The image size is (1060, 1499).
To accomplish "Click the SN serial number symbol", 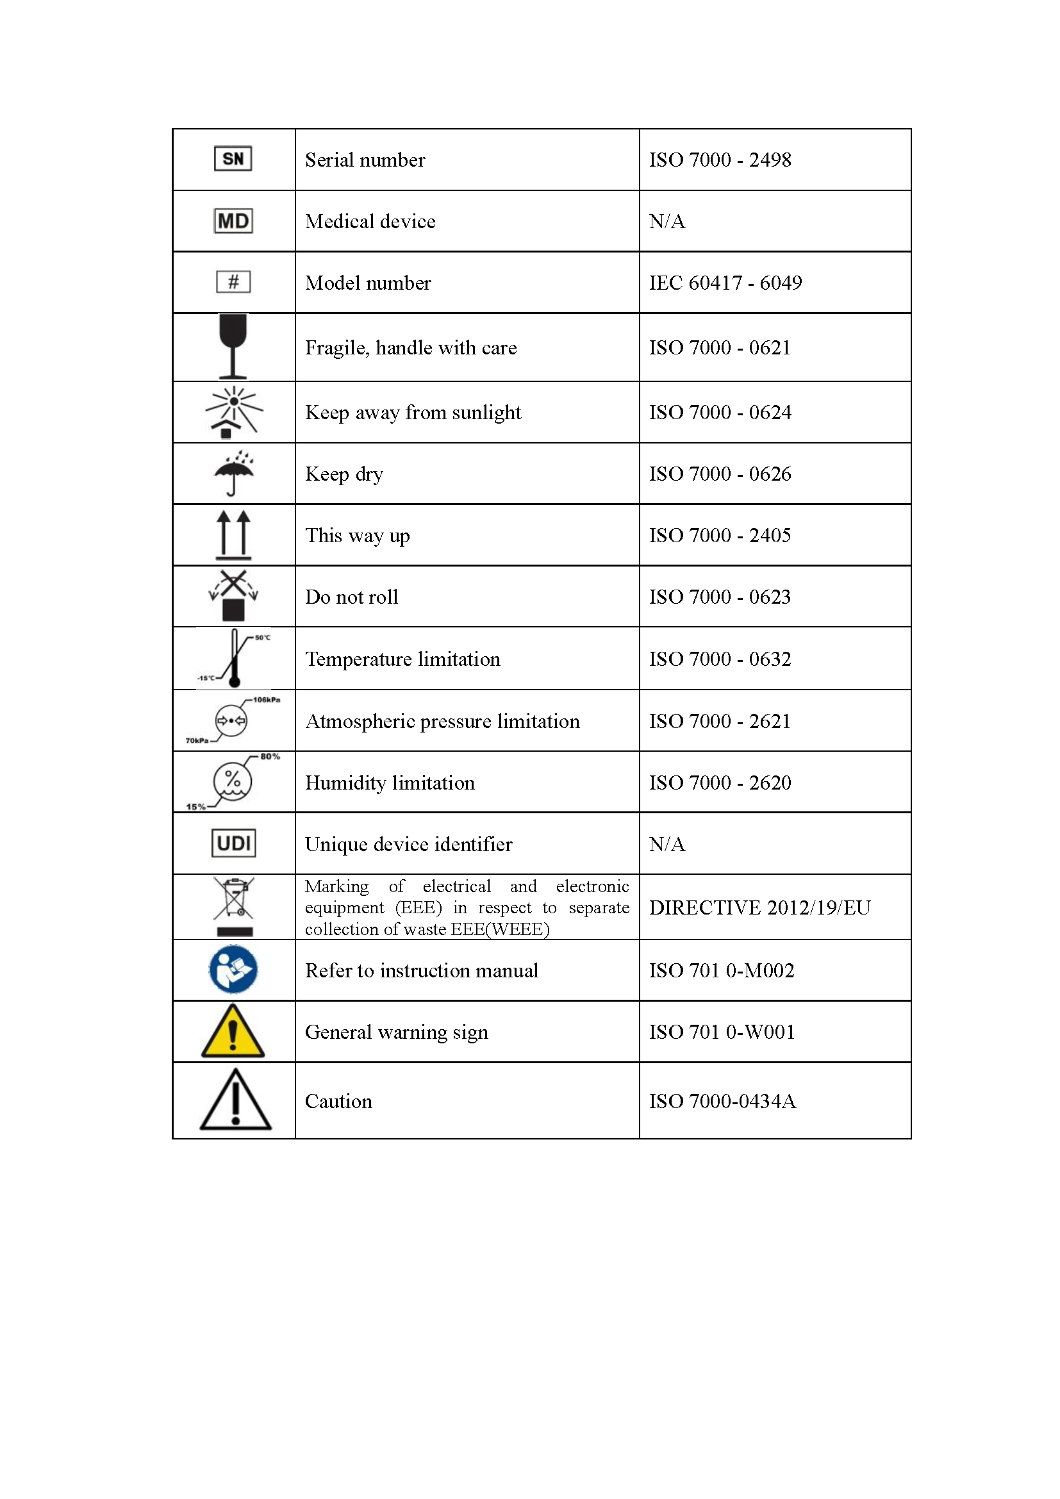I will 233,159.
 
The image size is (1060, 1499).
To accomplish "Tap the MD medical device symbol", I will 233,220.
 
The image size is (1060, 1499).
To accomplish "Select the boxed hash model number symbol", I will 233,282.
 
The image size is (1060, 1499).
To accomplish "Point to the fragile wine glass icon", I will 233,346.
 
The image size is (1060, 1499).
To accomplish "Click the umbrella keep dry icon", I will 234,473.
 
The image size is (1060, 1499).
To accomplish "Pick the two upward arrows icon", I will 233,534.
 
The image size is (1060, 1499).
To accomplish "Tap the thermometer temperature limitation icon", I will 234,658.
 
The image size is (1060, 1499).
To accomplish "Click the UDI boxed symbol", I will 233,843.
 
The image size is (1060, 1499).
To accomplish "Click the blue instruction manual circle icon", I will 233,970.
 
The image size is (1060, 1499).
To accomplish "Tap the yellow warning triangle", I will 233,1032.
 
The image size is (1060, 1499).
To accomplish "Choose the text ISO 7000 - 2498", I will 719,160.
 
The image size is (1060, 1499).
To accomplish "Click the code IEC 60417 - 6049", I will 725,283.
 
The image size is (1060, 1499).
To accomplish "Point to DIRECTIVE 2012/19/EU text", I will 759,907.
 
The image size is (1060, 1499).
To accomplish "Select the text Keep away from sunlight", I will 413,413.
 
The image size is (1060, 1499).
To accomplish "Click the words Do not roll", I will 351,597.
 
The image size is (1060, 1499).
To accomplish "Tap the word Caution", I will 338,1102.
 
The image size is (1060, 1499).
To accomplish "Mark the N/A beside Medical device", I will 667,221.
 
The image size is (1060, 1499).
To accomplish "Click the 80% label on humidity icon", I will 270,757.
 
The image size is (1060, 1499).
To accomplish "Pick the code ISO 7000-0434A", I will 722,1102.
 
